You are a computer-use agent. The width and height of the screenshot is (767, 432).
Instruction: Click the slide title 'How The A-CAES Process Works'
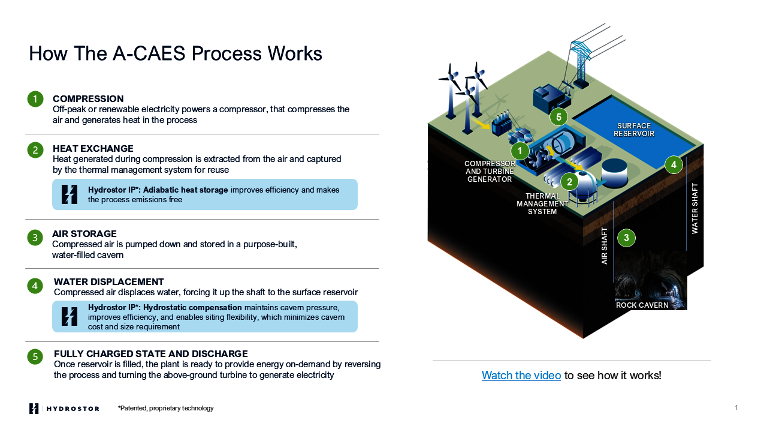point(176,53)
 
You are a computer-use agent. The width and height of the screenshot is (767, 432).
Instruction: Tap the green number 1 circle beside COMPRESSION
point(35,99)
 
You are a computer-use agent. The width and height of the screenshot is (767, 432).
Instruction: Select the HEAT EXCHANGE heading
point(93,148)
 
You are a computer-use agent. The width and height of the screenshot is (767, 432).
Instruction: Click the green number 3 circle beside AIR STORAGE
point(35,238)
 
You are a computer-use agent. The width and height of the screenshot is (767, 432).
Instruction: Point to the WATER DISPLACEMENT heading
point(108,281)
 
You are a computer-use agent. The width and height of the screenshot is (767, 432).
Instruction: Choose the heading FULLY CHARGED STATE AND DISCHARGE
point(150,353)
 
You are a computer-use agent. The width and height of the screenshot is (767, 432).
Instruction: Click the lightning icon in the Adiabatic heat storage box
point(70,194)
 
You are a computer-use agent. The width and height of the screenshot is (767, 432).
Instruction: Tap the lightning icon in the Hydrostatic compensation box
point(70,316)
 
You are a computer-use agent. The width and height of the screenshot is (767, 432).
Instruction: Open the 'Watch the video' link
point(521,376)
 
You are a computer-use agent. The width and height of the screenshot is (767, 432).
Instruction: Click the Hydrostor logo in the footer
point(64,409)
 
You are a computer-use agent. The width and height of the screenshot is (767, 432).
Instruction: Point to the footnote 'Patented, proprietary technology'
point(166,409)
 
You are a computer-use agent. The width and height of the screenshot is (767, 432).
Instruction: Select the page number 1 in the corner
point(736,408)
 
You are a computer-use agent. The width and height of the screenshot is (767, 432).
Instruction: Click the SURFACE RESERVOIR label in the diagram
point(634,130)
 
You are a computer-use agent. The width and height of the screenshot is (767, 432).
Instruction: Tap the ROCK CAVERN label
point(642,305)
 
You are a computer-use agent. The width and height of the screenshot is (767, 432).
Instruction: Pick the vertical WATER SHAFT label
point(695,208)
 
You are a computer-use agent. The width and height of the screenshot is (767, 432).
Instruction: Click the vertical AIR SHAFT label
point(605,245)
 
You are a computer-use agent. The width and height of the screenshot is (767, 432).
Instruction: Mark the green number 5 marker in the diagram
point(558,117)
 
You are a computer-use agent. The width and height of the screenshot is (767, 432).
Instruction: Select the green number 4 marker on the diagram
point(674,164)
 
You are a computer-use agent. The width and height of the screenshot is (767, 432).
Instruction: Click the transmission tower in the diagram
point(579,60)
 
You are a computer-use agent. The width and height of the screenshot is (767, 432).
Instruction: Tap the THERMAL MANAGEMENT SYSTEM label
point(543,203)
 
